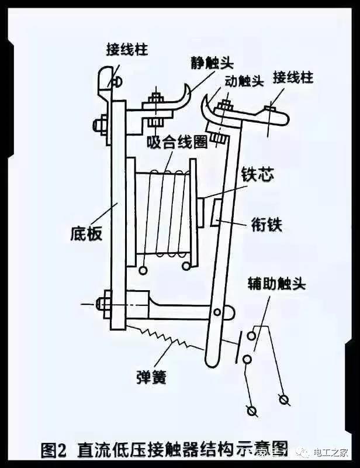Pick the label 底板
[86, 233]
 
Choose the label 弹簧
[150, 377]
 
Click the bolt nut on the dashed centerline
[106, 303]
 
